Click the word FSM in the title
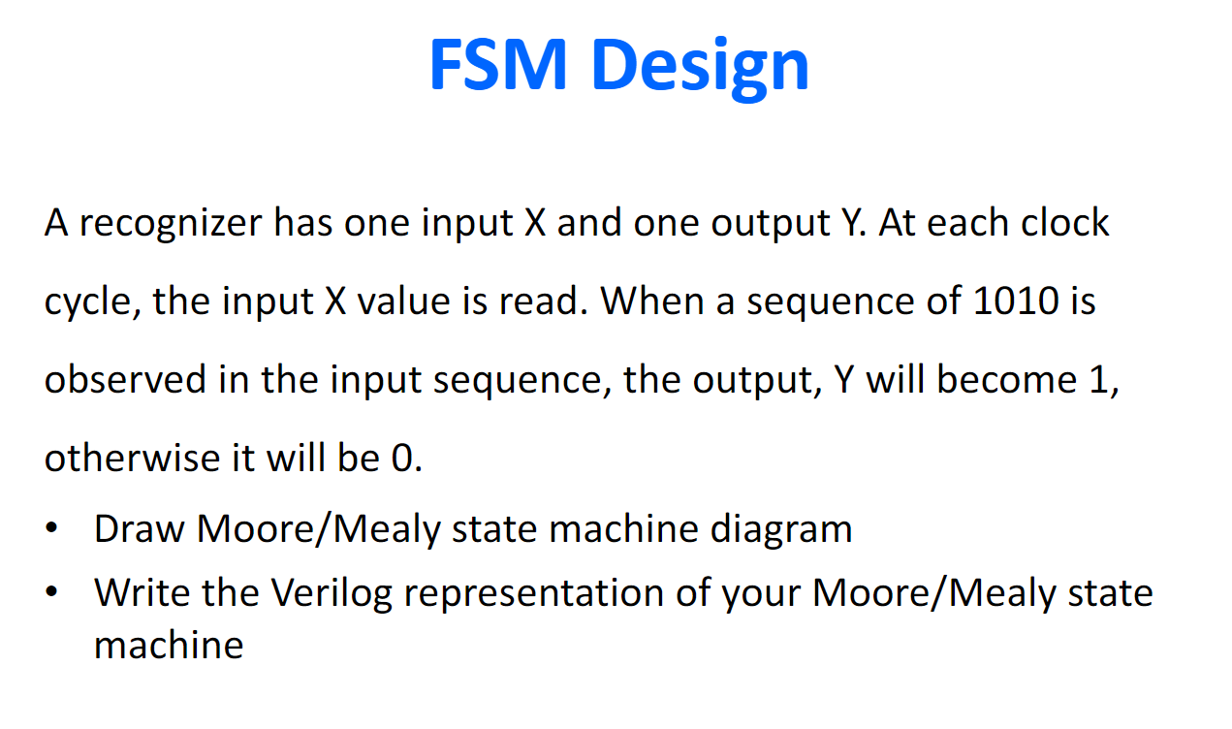498,64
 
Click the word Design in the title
700,69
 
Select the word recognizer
171,224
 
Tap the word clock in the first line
1065,222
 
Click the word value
403,301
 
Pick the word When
652,301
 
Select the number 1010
1016,301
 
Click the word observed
125,379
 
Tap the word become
1006,379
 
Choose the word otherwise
132,458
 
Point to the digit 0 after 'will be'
402,459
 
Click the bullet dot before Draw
51,527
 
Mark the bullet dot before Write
51,592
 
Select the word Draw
140,528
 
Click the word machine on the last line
169,645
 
